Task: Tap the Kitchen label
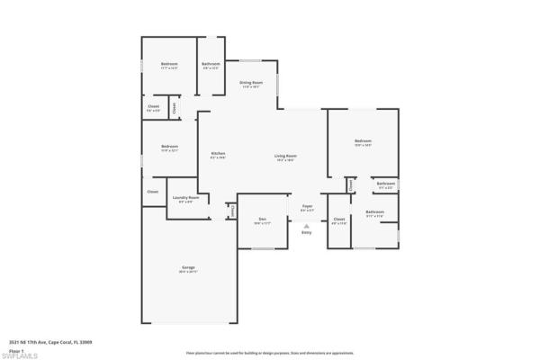(x=218, y=154)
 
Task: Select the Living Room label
(x=286, y=157)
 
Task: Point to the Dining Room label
(x=250, y=83)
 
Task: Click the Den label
(x=262, y=219)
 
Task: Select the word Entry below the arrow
(x=307, y=233)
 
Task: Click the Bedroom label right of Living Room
(x=363, y=141)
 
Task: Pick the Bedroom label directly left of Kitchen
(x=169, y=147)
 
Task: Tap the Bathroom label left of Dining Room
(x=211, y=64)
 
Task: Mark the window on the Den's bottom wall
(x=262, y=248)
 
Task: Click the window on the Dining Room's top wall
(x=251, y=60)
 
